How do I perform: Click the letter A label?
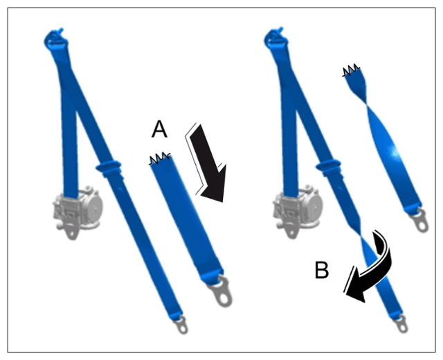(159, 129)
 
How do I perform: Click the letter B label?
(322, 270)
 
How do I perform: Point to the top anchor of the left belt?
(56, 38)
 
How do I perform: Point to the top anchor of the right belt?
(275, 38)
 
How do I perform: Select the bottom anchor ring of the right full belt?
(401, 324)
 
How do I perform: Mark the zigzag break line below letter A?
(160, 159)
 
